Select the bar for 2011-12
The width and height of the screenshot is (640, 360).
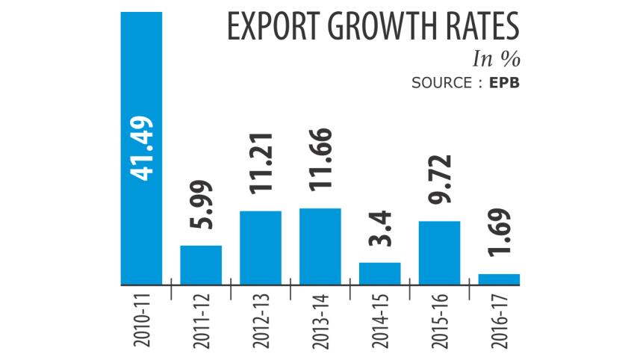[x=201, y=265]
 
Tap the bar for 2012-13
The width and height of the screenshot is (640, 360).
[x=261, y=248]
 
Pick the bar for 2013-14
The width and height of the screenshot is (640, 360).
[x=320, y=246]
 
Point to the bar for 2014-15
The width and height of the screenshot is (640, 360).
[x=380, y=273]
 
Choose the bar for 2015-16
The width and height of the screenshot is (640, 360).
[x=440, y=252]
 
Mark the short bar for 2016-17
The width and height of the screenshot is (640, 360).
[x=499, y=279]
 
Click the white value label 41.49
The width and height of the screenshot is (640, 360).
[x=141, y=150]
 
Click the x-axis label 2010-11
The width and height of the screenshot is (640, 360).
[x=141, y=322]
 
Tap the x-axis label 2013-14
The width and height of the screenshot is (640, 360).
[x=320, y=322]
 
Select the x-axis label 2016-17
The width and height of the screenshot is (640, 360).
[x=499, y=322]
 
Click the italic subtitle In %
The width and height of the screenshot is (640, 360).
[x=497, y=59]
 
